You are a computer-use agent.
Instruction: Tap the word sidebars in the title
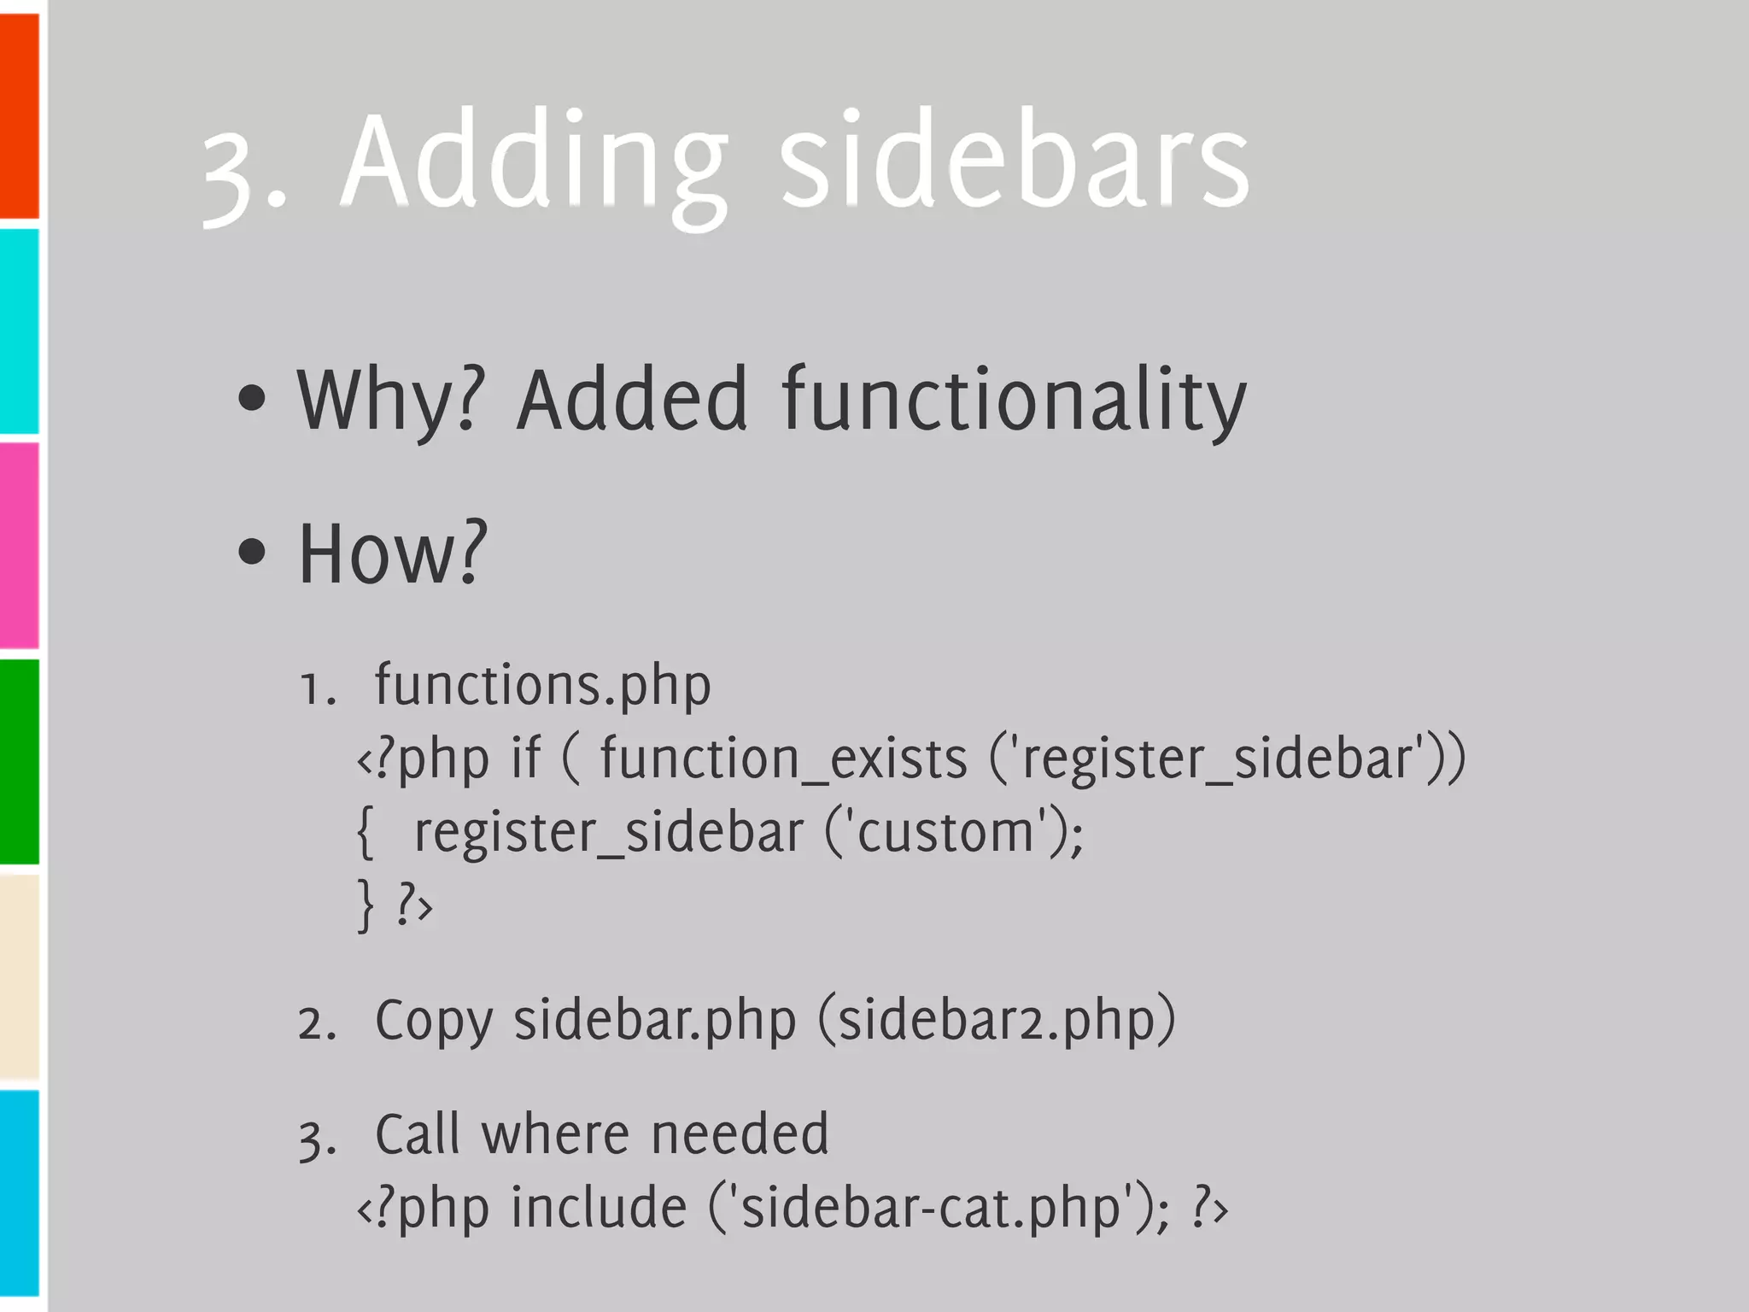tap(1015, 162)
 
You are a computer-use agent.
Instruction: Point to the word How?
tap(392, 553)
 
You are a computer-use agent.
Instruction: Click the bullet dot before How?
tap(252, 552)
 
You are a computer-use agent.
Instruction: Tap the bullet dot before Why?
tap(252, 398)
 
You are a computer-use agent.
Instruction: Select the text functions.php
tap(542, 686)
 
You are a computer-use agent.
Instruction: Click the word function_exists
tap(783, 758)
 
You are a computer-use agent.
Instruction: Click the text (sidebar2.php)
tap(997, 1021)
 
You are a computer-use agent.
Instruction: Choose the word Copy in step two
tap(434, 1021)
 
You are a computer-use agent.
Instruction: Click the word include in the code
tap(600, 1208)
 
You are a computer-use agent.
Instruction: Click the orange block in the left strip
tap(19, 115)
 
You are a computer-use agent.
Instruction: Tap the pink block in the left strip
tap(19, 545)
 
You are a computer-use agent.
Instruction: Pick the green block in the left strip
tap(19, 760)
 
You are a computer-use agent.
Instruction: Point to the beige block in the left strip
tap(19, 975)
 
